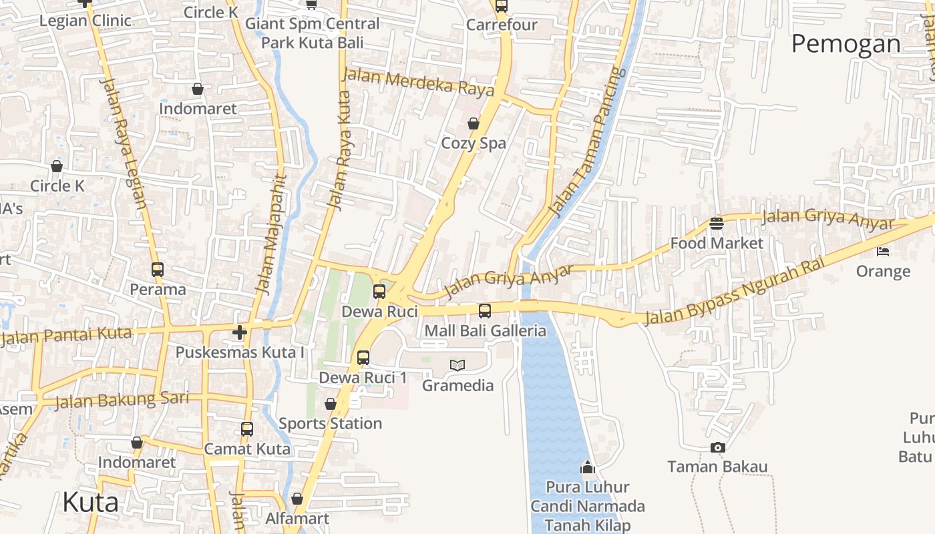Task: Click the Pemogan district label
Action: pyautogui.click(x=846, y=44)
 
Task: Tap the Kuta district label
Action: pyautogui.click(x=90, y=502)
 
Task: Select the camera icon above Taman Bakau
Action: pyautogui.click(x=718, y=447)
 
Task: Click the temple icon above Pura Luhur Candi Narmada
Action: pyautogui.click(x=588, y=467)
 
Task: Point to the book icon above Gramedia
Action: pyautogui.click(x=457, y=365)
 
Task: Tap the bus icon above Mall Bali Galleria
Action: pyautogui.click(x=485, y=310)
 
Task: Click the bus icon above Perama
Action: pyautogui.click(x=158, y=270)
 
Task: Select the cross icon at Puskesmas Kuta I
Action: pyautogui.click(x=240, y=332)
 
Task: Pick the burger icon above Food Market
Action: pyautogui.click(x=717, y=224)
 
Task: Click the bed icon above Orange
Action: pyautogui.click(x=883, y=252)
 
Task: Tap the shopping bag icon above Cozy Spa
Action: pyautogui.click(x=474, y=123)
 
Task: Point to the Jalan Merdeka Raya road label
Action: pyautogui.click(x=418, y=82)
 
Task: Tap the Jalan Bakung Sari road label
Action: pyautogui.click(x=122, y=400)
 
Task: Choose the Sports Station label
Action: pyautogui.click(x=330, y=423)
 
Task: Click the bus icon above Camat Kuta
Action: pyautogui.click(x=247, y=429)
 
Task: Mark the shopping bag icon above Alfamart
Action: pyautogui.click(x=297, y=499)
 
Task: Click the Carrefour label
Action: pyautogui.click(x=502, y=25)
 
